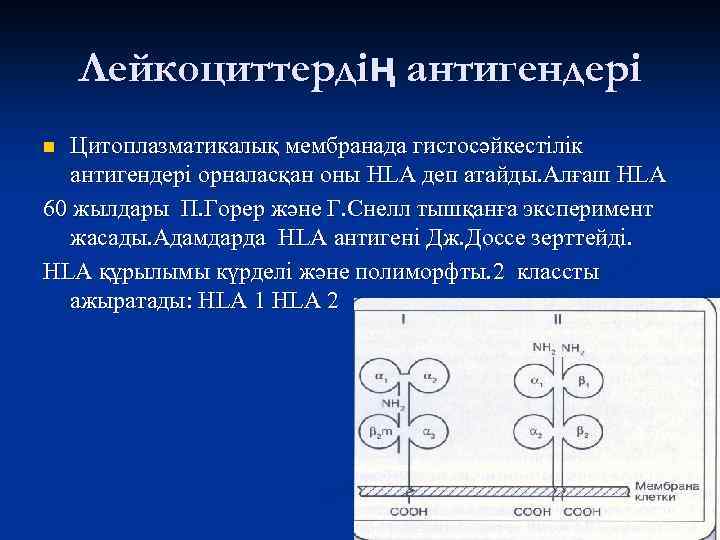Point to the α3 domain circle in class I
[428, 433]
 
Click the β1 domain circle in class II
[582, 382]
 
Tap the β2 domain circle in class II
[582, 433]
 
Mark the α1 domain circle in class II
[535, 382]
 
